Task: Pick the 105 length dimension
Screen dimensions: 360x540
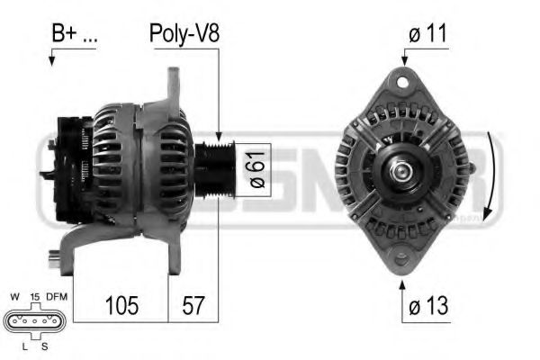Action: point(121,306)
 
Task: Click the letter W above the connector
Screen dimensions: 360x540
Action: point(15,295)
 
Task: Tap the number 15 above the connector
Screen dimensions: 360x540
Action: point(33,295)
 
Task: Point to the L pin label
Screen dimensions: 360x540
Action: point(22,346)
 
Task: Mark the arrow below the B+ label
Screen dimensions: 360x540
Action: point(52,58)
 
